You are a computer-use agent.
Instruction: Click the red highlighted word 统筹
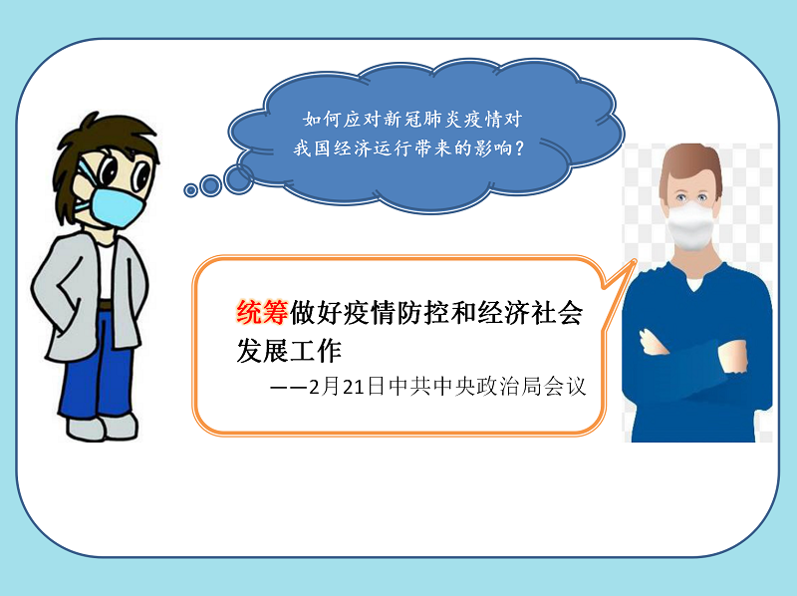pyautogui.click(x=262, y=312)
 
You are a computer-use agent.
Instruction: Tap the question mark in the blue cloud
pyautogui.click(x=519, y=149)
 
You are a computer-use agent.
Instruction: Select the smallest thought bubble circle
pyautogui.click(x=190, y=190)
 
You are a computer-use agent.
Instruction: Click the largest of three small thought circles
pyautogui.click(x=238, y=179)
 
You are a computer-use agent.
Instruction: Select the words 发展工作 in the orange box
pyautogui.click(x=289, y=351)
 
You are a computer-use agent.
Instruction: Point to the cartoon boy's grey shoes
pyautogui.click(x=103, y=428)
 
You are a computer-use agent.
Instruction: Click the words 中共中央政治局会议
pyautogui.click(x=487, y=387)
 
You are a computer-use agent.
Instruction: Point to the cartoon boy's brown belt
pyautogui.click(x=106, y=305)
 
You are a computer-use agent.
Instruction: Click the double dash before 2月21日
pyautogui.click(x=288, y=388)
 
